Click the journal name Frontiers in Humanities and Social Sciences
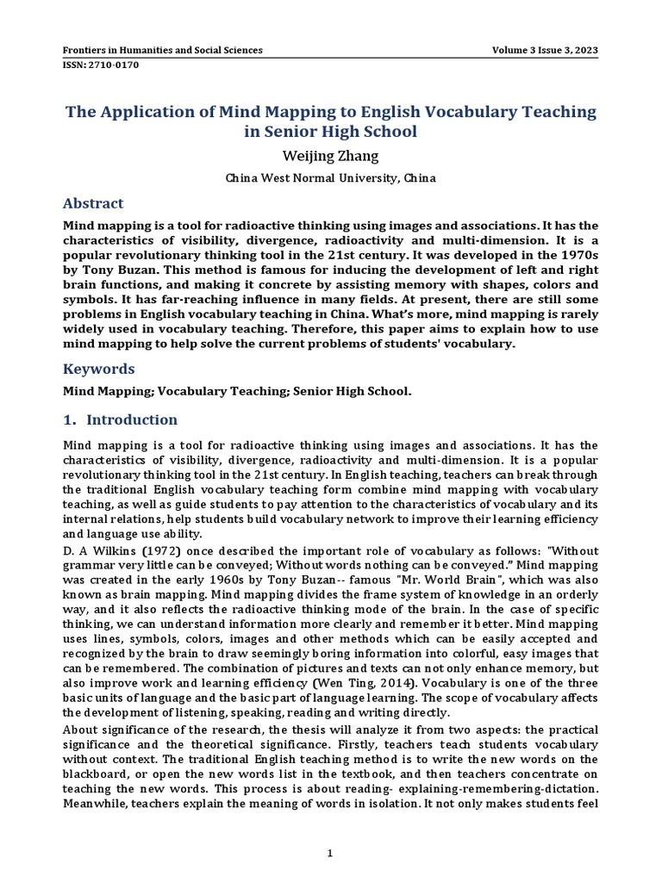pos(164,50)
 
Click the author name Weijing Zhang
pos(331,156)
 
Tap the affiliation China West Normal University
pos(331,178)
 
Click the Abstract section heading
pos(94,204)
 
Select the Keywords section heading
pos(99,369)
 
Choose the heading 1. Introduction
pos(121,420)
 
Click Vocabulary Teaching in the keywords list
pos(214,391)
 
